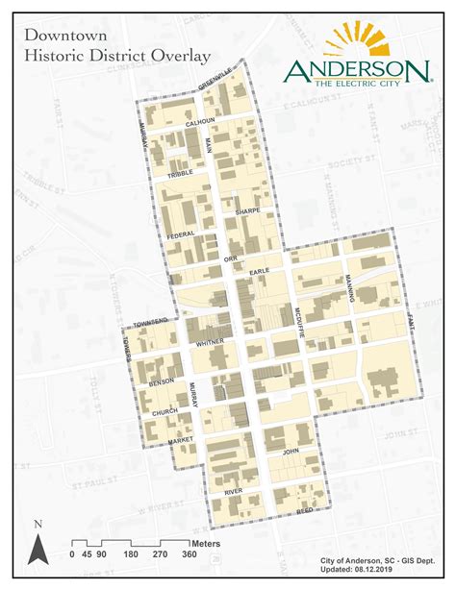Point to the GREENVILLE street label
coord(215,81)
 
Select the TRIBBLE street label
coord(180,176)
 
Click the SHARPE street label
coord(247,209)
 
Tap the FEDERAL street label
coord(181,233)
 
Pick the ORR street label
coord(229,258)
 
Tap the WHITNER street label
coord(209,341)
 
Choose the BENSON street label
coord(161,383)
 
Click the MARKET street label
coord(180,440)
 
